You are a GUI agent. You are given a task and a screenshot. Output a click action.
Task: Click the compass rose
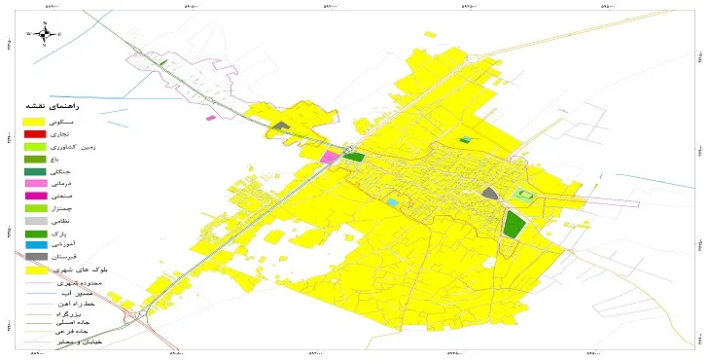[x=44, y=34]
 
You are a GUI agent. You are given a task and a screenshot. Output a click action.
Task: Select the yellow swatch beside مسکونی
[x=35, y=120]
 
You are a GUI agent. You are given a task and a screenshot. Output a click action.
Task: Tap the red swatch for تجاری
[x=35, y=133]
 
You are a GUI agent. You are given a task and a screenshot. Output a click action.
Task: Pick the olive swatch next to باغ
[x=35, y=159]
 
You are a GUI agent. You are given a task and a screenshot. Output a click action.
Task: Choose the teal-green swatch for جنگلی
[x=35, y=171]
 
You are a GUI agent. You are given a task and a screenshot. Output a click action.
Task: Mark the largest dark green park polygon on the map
[x=513, y=225]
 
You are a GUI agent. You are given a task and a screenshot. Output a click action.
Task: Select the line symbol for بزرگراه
[x=35, y=317]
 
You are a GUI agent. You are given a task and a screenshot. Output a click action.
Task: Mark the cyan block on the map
[x=392, y=202]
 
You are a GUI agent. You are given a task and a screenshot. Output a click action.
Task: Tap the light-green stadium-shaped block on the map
[x=526, y=196]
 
